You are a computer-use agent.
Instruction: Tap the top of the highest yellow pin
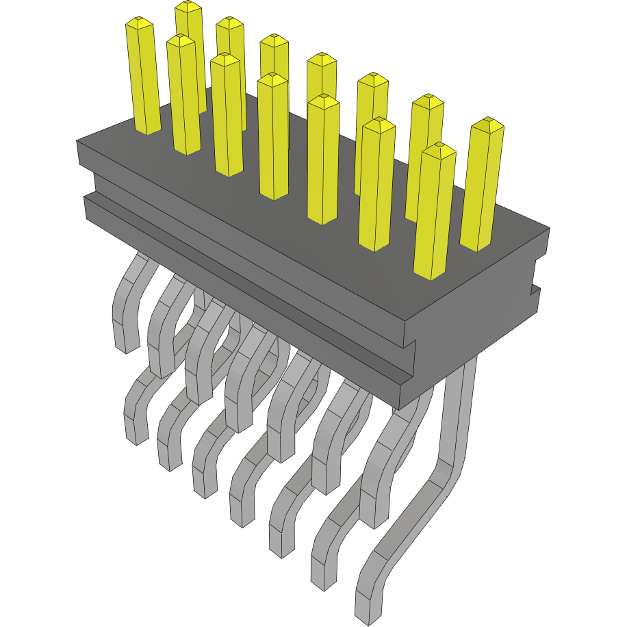tap(188, 7)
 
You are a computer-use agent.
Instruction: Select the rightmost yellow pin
tap(483, 185)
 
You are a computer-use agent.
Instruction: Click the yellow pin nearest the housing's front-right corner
tap(435, 212)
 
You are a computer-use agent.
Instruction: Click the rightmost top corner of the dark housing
tap(550, 229)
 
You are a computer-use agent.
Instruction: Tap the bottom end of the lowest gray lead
tap(368, 613)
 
